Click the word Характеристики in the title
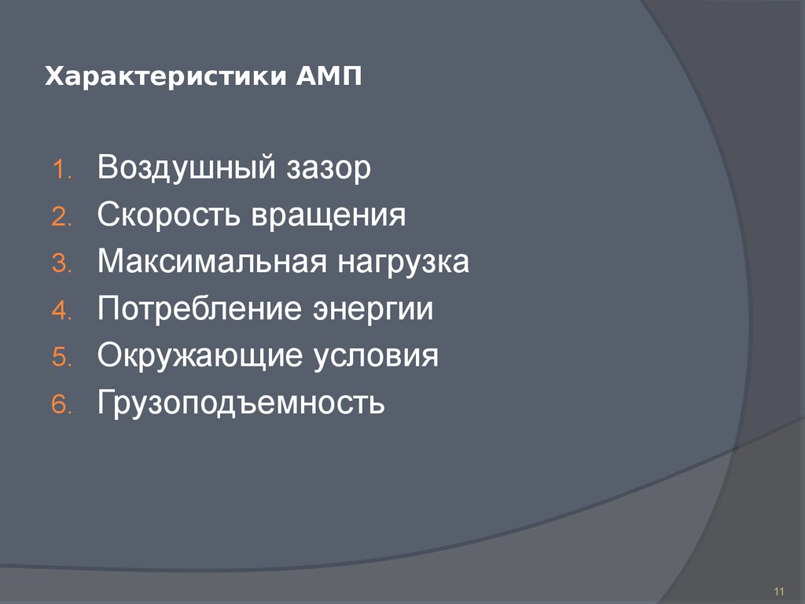[166, 77]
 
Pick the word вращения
[329, 215]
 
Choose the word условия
[376, 356]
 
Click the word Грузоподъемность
[241, 403]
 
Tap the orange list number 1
[62, 171]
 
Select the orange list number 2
[62, 219]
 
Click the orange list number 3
[62, 265]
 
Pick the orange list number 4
[62, 312]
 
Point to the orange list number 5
[62, 359]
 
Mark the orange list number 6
[62, 406]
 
